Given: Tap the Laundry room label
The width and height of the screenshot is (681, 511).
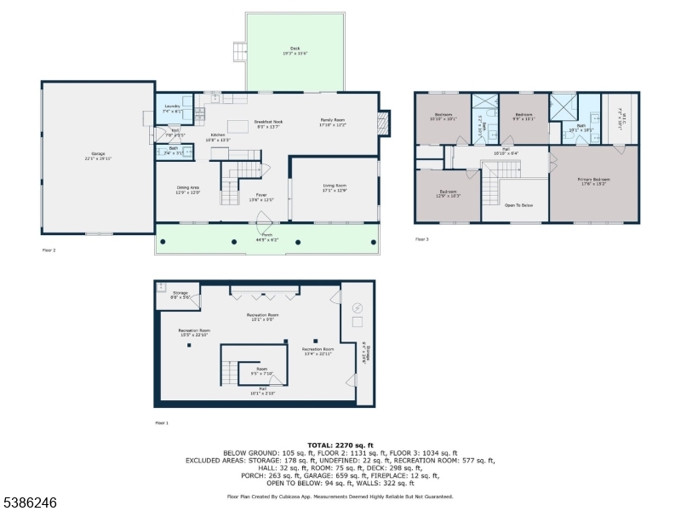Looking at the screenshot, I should pos(173,108).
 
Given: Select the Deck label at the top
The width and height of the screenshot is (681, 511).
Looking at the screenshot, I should pos(295,50).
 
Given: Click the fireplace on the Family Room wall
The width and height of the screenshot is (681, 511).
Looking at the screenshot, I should pos(384,123).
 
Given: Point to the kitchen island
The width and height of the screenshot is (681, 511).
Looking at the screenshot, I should pos(238,127).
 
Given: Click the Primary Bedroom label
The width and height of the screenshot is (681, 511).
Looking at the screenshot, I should pos(593,181).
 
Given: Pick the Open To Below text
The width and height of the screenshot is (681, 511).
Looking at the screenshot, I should pos(519,205).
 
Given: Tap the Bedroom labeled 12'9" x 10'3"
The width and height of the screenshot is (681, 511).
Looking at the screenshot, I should pos(448,193).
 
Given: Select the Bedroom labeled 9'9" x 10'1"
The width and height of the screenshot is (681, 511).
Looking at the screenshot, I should pos(524,117).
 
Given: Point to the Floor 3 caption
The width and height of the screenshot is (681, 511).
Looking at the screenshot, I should pos(422,239).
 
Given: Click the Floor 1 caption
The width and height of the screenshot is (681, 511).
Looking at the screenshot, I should pos(162,422).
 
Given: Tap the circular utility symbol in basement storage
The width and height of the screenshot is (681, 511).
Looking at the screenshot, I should pos(357,307).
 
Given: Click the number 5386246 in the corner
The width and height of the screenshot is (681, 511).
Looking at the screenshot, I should pos(30,503).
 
